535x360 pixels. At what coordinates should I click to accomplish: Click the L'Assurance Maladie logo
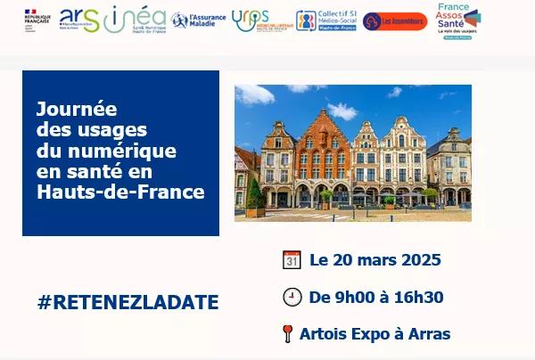point(197,20)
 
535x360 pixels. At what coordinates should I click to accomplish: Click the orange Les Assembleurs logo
point(395,20)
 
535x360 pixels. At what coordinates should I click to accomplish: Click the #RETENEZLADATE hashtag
point(128,302)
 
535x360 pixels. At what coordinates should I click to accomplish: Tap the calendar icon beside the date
point(292,260)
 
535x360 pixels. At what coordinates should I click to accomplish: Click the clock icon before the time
point(292,298)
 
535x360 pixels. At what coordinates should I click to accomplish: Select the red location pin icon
point(287,335)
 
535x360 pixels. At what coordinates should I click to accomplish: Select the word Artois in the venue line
point(323,335)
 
